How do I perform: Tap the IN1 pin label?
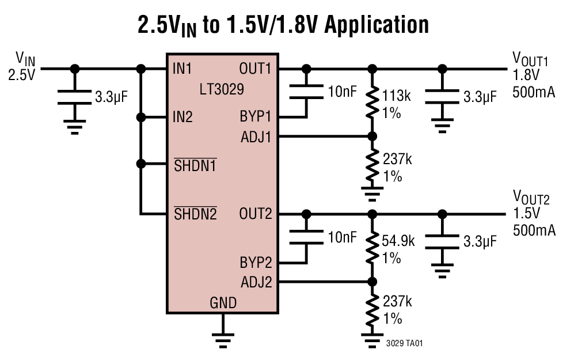(x=183, y=69)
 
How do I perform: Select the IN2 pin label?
(x=183, y=118)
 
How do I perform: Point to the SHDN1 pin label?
(x=195, y=165)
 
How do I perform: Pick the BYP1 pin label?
(x=256, y=118)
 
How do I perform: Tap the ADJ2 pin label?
(x=256, y=282)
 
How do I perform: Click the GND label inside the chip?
(x=223, y=302)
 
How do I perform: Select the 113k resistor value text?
(x=397, y=96)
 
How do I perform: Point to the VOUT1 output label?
(x=530, y=59)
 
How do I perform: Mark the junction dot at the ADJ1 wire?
(x=372, y=137)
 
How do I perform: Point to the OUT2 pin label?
(x=255, y=214)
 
